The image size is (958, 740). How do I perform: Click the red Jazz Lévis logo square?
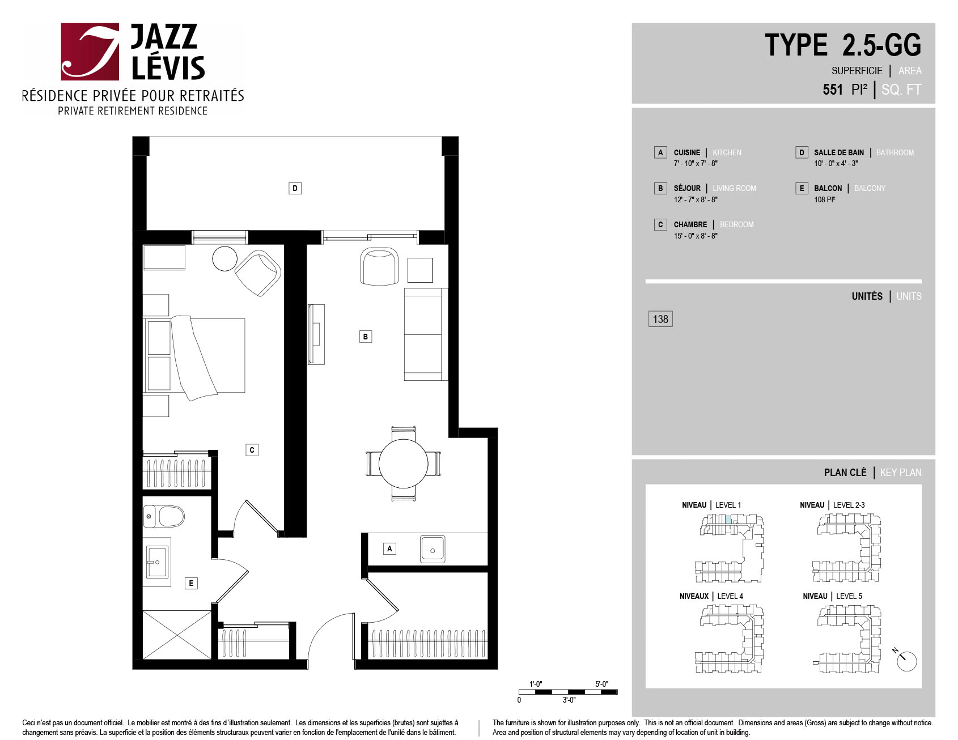point(90,52)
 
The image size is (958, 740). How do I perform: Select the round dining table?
point(403,463)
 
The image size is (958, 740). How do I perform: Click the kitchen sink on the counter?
point(433,549)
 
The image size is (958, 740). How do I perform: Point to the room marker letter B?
point(366,337)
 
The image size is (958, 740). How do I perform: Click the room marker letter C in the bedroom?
point(252,450)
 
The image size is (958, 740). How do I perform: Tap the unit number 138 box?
point(660,319)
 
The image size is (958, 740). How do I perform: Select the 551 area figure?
point(833,90)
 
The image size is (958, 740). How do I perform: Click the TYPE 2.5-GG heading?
point(843,45)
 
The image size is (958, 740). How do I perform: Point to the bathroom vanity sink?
point(157,562)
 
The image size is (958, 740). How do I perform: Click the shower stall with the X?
point(177,635)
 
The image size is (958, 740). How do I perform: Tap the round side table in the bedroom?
point(224,259)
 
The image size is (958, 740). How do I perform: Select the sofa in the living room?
point(426,334)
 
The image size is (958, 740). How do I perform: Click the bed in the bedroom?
point(194,356)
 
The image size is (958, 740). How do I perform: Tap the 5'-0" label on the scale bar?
point(601,684)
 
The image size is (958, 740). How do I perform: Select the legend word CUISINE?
point(687,152)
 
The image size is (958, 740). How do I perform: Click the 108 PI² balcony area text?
point(825,199)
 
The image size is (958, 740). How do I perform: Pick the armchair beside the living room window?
point(379,266)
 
